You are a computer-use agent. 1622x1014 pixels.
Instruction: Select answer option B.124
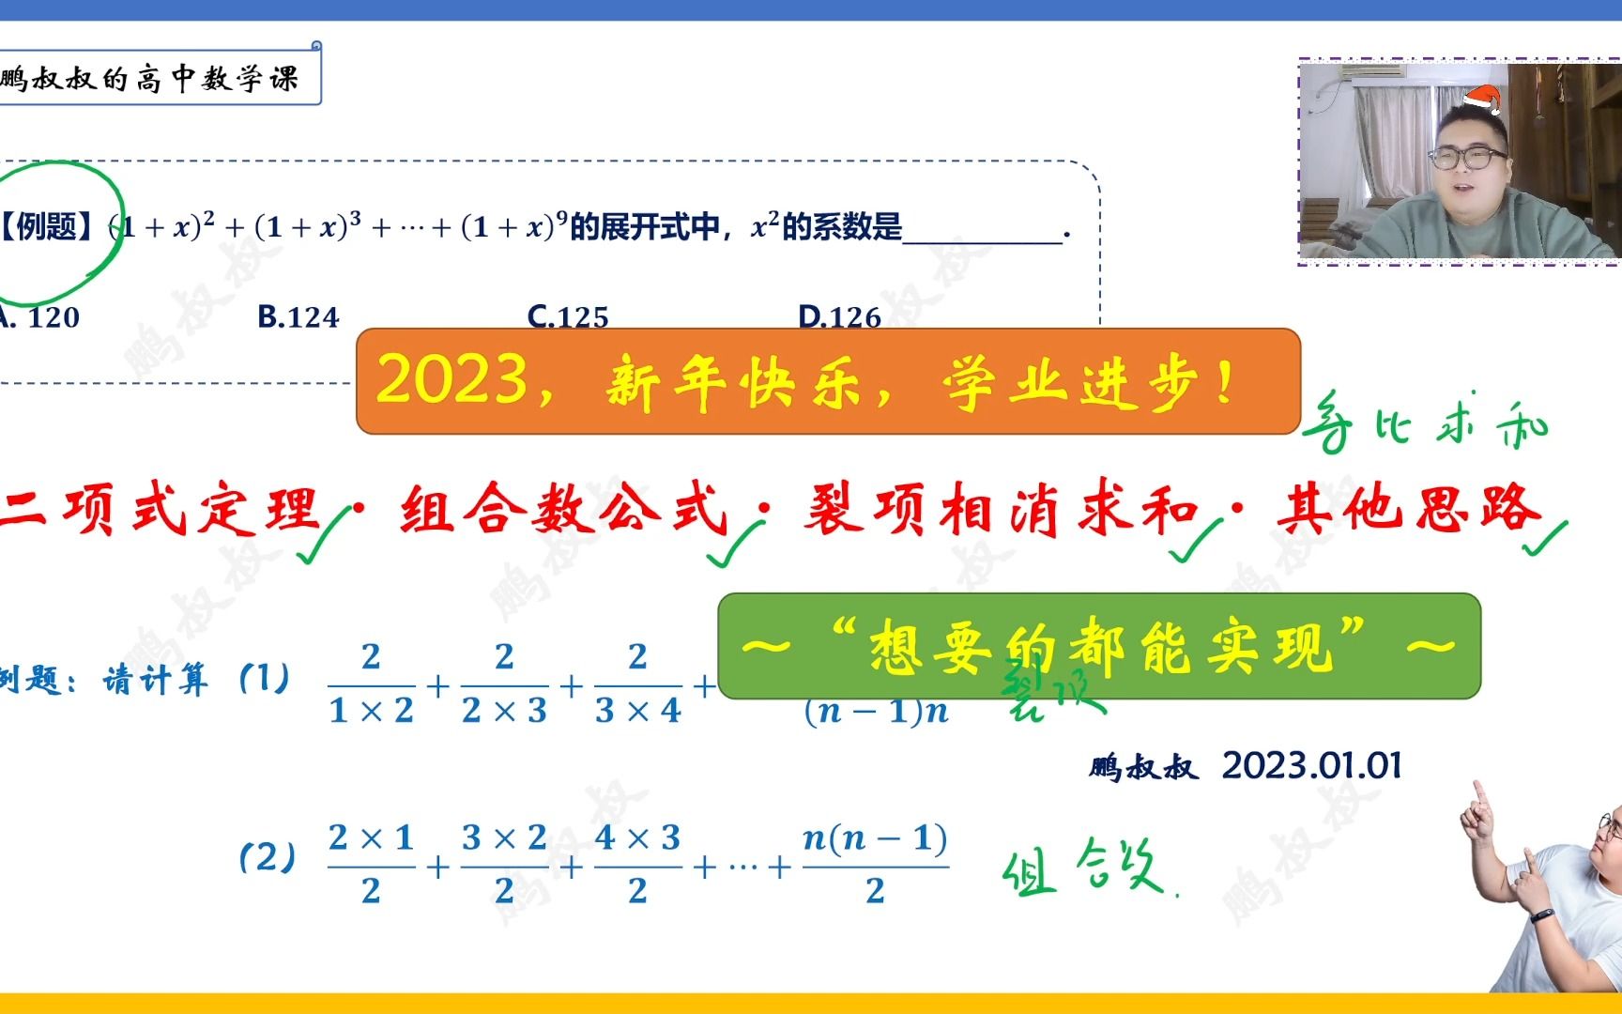tap(298, 317)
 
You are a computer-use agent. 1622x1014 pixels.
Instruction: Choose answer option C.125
tap(568, 317)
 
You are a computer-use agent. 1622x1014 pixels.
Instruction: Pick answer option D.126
tap(839, 317)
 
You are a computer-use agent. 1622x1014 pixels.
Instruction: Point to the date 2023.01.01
tap(1311, 766)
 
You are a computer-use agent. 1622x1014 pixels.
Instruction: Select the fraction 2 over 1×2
tap(371, 684)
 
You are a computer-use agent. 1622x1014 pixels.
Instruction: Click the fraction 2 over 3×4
tap(637, 684)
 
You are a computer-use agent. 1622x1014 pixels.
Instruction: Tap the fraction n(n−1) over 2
tap(875, 864)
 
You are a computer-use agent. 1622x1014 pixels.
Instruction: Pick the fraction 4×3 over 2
tap(637, 864)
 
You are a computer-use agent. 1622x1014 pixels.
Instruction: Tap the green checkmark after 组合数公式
tap(733, 545)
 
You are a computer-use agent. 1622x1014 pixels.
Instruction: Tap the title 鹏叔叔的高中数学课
tap(150, 78)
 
